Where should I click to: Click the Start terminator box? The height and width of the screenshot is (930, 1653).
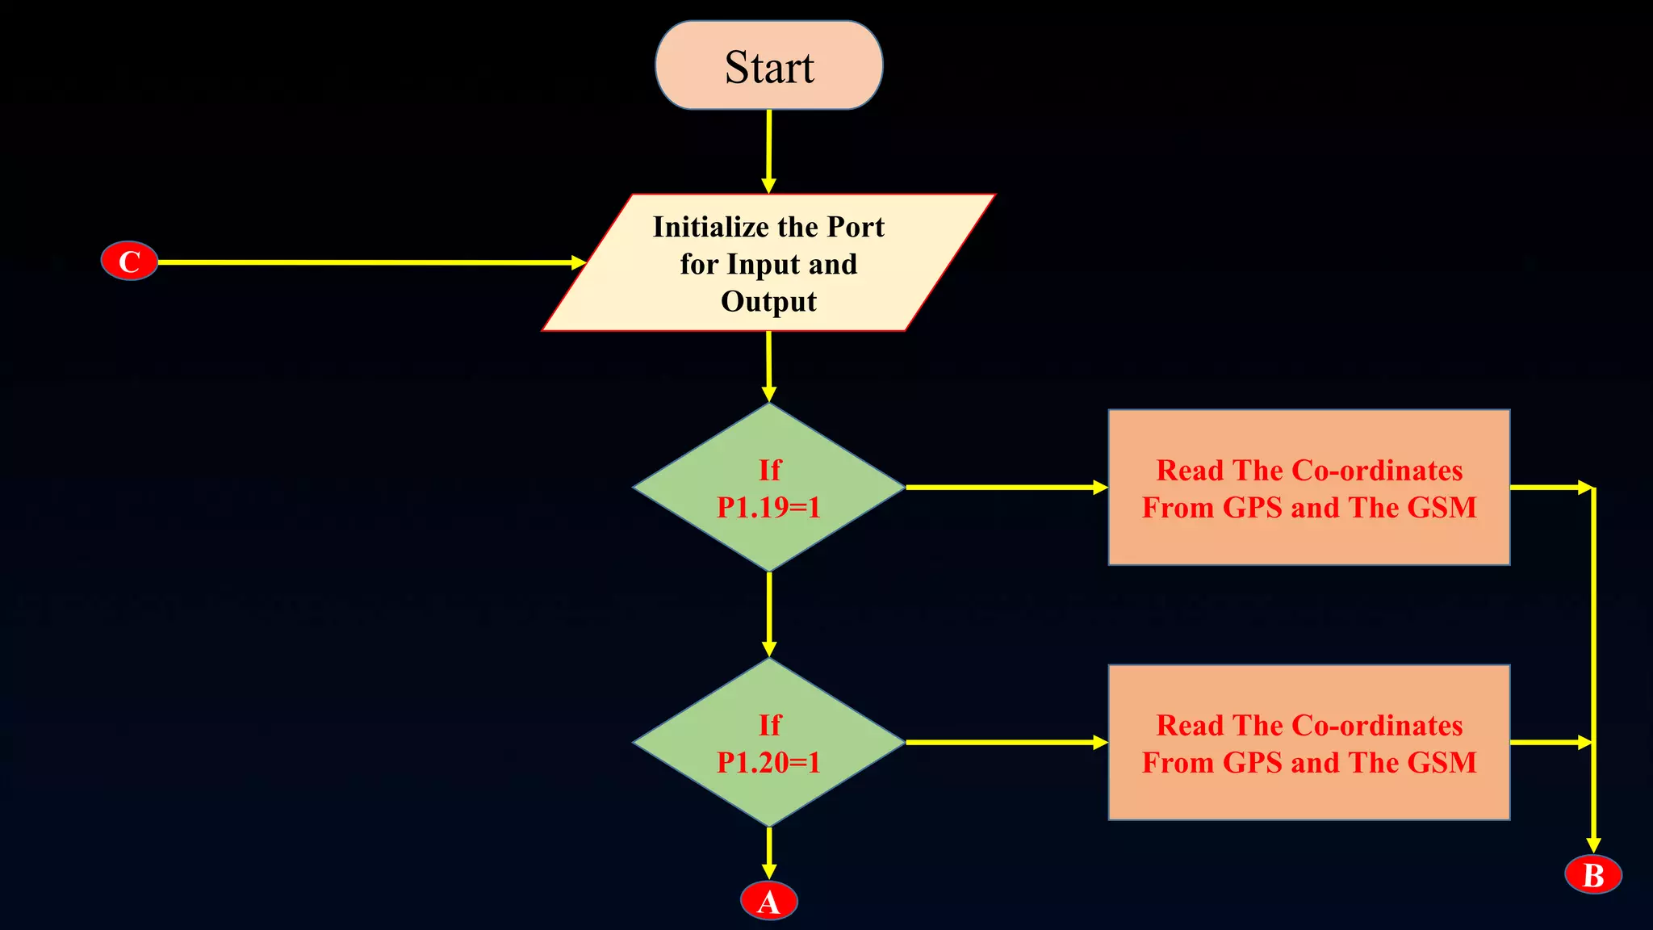click(x=768, y=65)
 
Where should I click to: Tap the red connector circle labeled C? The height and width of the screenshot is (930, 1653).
click(x=129, y=262)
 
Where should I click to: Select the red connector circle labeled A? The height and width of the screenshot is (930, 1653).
click(x=769, y=901)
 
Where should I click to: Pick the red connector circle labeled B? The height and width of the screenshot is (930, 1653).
click(x=1593, y=875)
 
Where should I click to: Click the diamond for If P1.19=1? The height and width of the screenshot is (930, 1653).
click(x=768, y=488)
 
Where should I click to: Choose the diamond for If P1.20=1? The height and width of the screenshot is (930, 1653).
click(x=768, y=743)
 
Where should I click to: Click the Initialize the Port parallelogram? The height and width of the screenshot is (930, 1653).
click(x=768, y=263)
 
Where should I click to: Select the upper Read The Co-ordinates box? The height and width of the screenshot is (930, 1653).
click(x=1308, y=488)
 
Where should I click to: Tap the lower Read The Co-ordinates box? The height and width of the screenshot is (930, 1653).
click(x=1308, y=743)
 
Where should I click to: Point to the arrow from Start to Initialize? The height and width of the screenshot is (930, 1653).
click(x=768, y=150)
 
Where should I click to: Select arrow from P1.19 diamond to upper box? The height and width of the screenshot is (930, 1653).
click(x=1005, y=488)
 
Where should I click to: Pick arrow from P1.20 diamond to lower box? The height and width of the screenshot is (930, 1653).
click(x=1005, y=742)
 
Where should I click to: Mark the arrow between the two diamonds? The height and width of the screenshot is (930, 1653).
click(x=769, y=614)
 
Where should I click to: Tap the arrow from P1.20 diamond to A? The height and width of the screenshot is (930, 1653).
click(x=769, y=852)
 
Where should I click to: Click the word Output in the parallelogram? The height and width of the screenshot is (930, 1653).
click(x=768, y=301)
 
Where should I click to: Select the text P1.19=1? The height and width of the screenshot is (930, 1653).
click(x=768, y=507)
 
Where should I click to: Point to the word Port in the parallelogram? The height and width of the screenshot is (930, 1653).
click(x=856, y=227)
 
